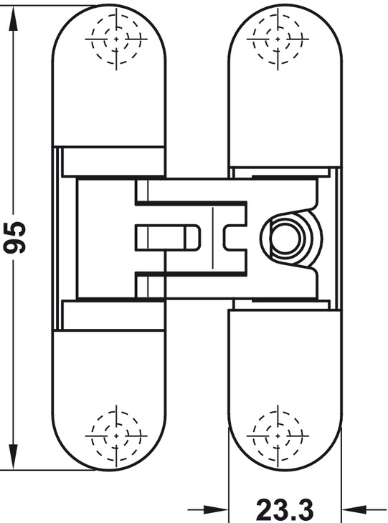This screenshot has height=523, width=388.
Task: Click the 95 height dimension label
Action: (x=14, y=237)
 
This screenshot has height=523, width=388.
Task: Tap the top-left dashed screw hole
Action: (x=116, y=39)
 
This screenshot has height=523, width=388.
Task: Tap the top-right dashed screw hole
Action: (x=278, y=39)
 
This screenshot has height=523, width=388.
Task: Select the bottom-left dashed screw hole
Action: (x=116, y=436)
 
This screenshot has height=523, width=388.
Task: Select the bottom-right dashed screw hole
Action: (x=278, y=436)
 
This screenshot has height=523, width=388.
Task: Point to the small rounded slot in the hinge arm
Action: (x=168, y=237)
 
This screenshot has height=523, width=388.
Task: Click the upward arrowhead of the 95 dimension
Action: (x=13, y=17)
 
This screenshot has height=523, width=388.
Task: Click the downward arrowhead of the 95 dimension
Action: (x=13, y=458)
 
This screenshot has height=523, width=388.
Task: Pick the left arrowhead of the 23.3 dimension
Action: (x=217, y=509)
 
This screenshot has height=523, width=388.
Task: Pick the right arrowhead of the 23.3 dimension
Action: (x=354, y=509)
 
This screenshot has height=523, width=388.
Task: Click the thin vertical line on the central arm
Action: (x=212, y=238)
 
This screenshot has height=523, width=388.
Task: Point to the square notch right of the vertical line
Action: (x=235, y=237)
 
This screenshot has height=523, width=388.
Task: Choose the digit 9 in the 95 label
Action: (x=14, y=246)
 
